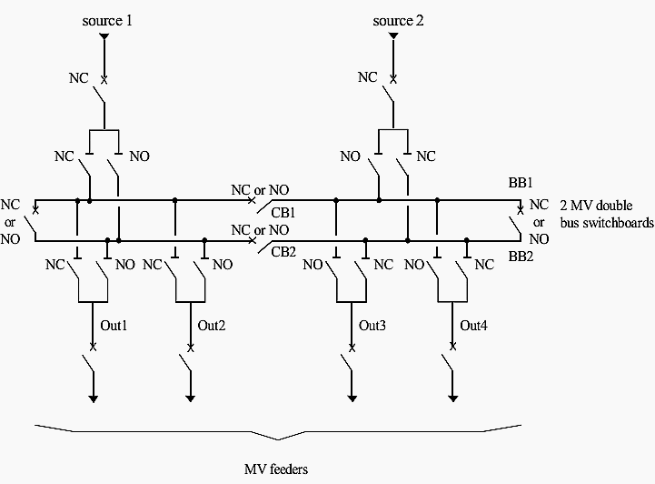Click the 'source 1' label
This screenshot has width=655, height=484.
pos(107,21)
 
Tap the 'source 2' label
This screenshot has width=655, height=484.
pos(398,21)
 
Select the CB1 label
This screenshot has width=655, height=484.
pos(283,213)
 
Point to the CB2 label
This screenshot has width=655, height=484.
pos(283,252)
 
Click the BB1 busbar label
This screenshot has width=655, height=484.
pos(521,182)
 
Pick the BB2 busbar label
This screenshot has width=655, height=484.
pos(521,256)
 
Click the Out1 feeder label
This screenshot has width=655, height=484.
pos(114,326)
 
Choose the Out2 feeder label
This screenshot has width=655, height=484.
pos(212,326)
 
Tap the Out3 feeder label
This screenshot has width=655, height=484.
pos(372,326)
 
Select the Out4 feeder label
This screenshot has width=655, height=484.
pos(473,326)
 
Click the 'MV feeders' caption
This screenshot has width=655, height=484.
pos(276,469)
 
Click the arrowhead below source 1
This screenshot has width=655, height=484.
pos(104,36)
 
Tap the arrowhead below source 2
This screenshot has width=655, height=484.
pos(393,36)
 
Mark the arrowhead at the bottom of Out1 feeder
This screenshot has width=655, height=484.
pos(94,398)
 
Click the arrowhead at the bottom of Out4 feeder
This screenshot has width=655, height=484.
pos(452,398)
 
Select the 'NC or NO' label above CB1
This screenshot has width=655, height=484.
pos(260,190)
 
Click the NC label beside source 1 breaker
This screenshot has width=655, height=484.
pos(78,78)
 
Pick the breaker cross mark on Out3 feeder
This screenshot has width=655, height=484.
pos(352,348)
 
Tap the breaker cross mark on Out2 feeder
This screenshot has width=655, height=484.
pos(191,348)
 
